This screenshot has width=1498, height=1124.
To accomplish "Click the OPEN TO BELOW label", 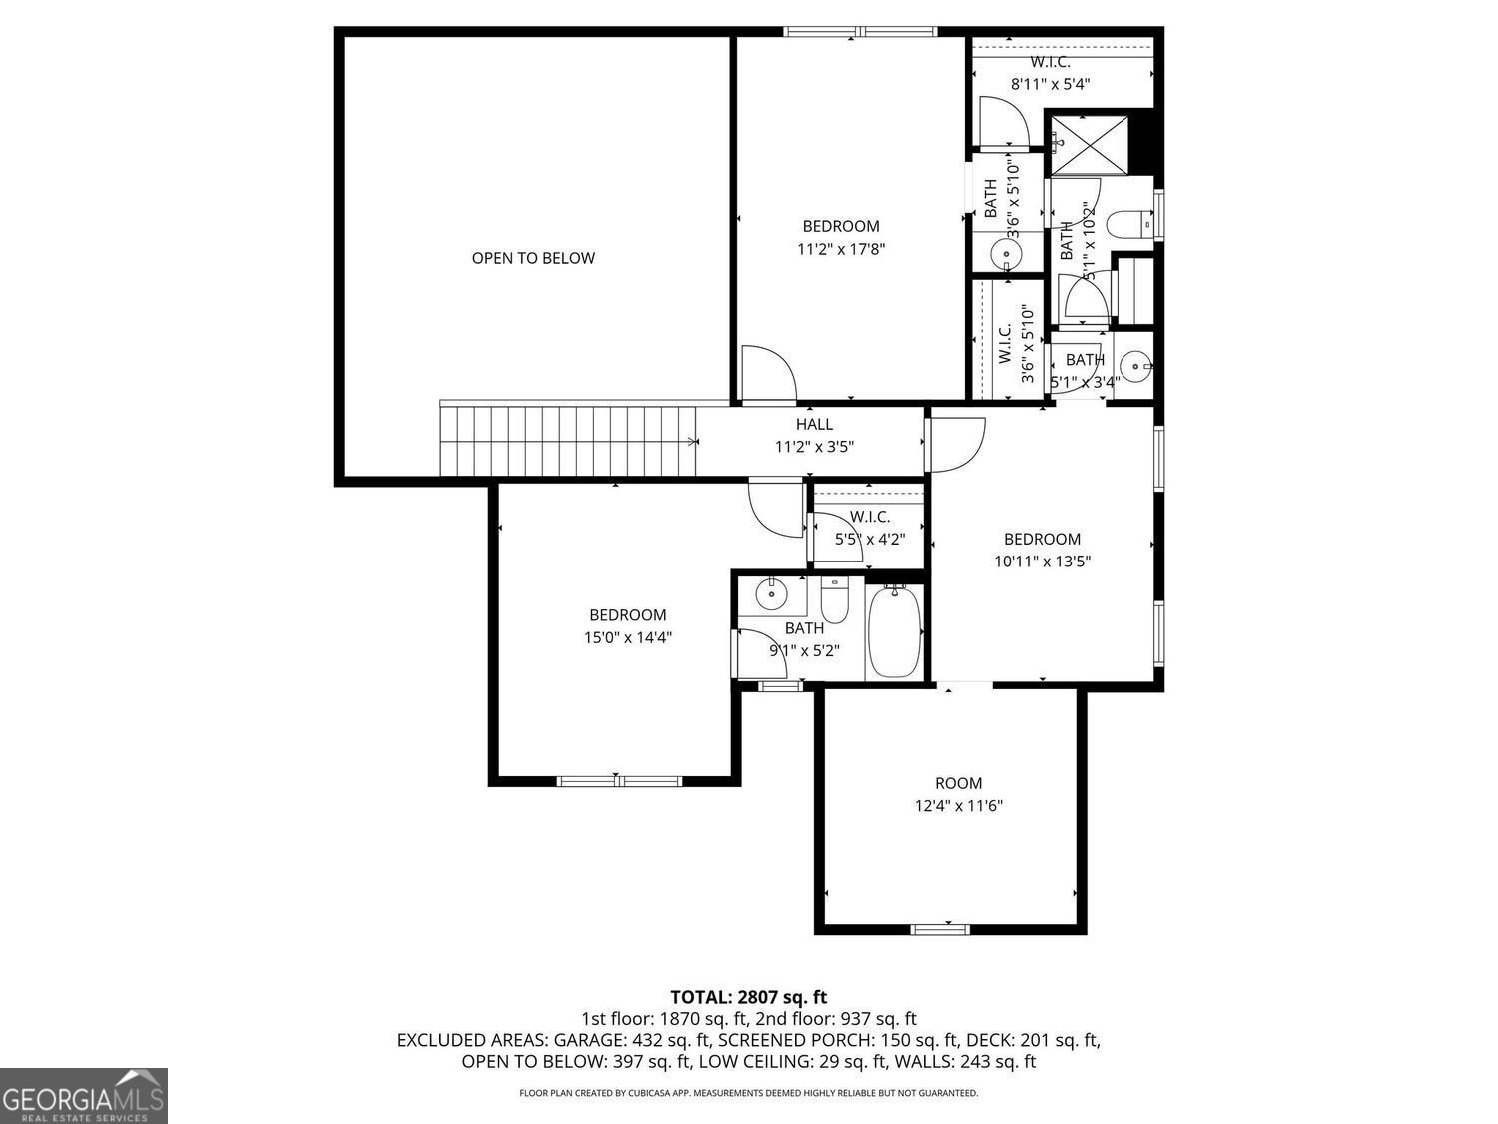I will click(x=533, y=258).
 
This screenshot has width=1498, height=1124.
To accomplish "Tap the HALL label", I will click(x=814, y=425).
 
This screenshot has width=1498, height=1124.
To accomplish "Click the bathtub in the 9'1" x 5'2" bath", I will click(x=894, y=632).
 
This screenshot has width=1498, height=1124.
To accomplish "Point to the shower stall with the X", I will click(x=1089, y=145).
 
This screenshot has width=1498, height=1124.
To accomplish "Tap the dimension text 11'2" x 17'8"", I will click(x=841, y=249).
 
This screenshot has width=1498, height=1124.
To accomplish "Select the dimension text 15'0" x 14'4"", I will click(x=627, y=637).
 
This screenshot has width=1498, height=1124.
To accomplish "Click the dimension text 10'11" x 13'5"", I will click(x=1042, y=562).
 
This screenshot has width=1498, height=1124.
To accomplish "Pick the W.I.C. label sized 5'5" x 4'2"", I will click(x=870, y=517).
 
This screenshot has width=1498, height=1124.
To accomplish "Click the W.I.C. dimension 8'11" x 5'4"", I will click(x=1050, y=84).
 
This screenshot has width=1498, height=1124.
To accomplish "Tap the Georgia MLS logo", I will click(x=84, y=1095).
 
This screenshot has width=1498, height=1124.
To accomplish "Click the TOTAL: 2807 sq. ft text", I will click(x=748, y=997).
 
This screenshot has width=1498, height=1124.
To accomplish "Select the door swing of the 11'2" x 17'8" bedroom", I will click(x=767, y=373).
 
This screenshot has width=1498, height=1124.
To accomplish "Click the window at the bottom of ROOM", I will click(x=940, y=930).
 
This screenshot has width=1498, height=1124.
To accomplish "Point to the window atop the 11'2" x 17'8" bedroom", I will click(x=861, y=32).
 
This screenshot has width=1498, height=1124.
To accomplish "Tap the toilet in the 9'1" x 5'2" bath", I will click(x=834, y=600).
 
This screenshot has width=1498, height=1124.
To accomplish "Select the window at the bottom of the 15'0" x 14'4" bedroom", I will click(x=619, y=781).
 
